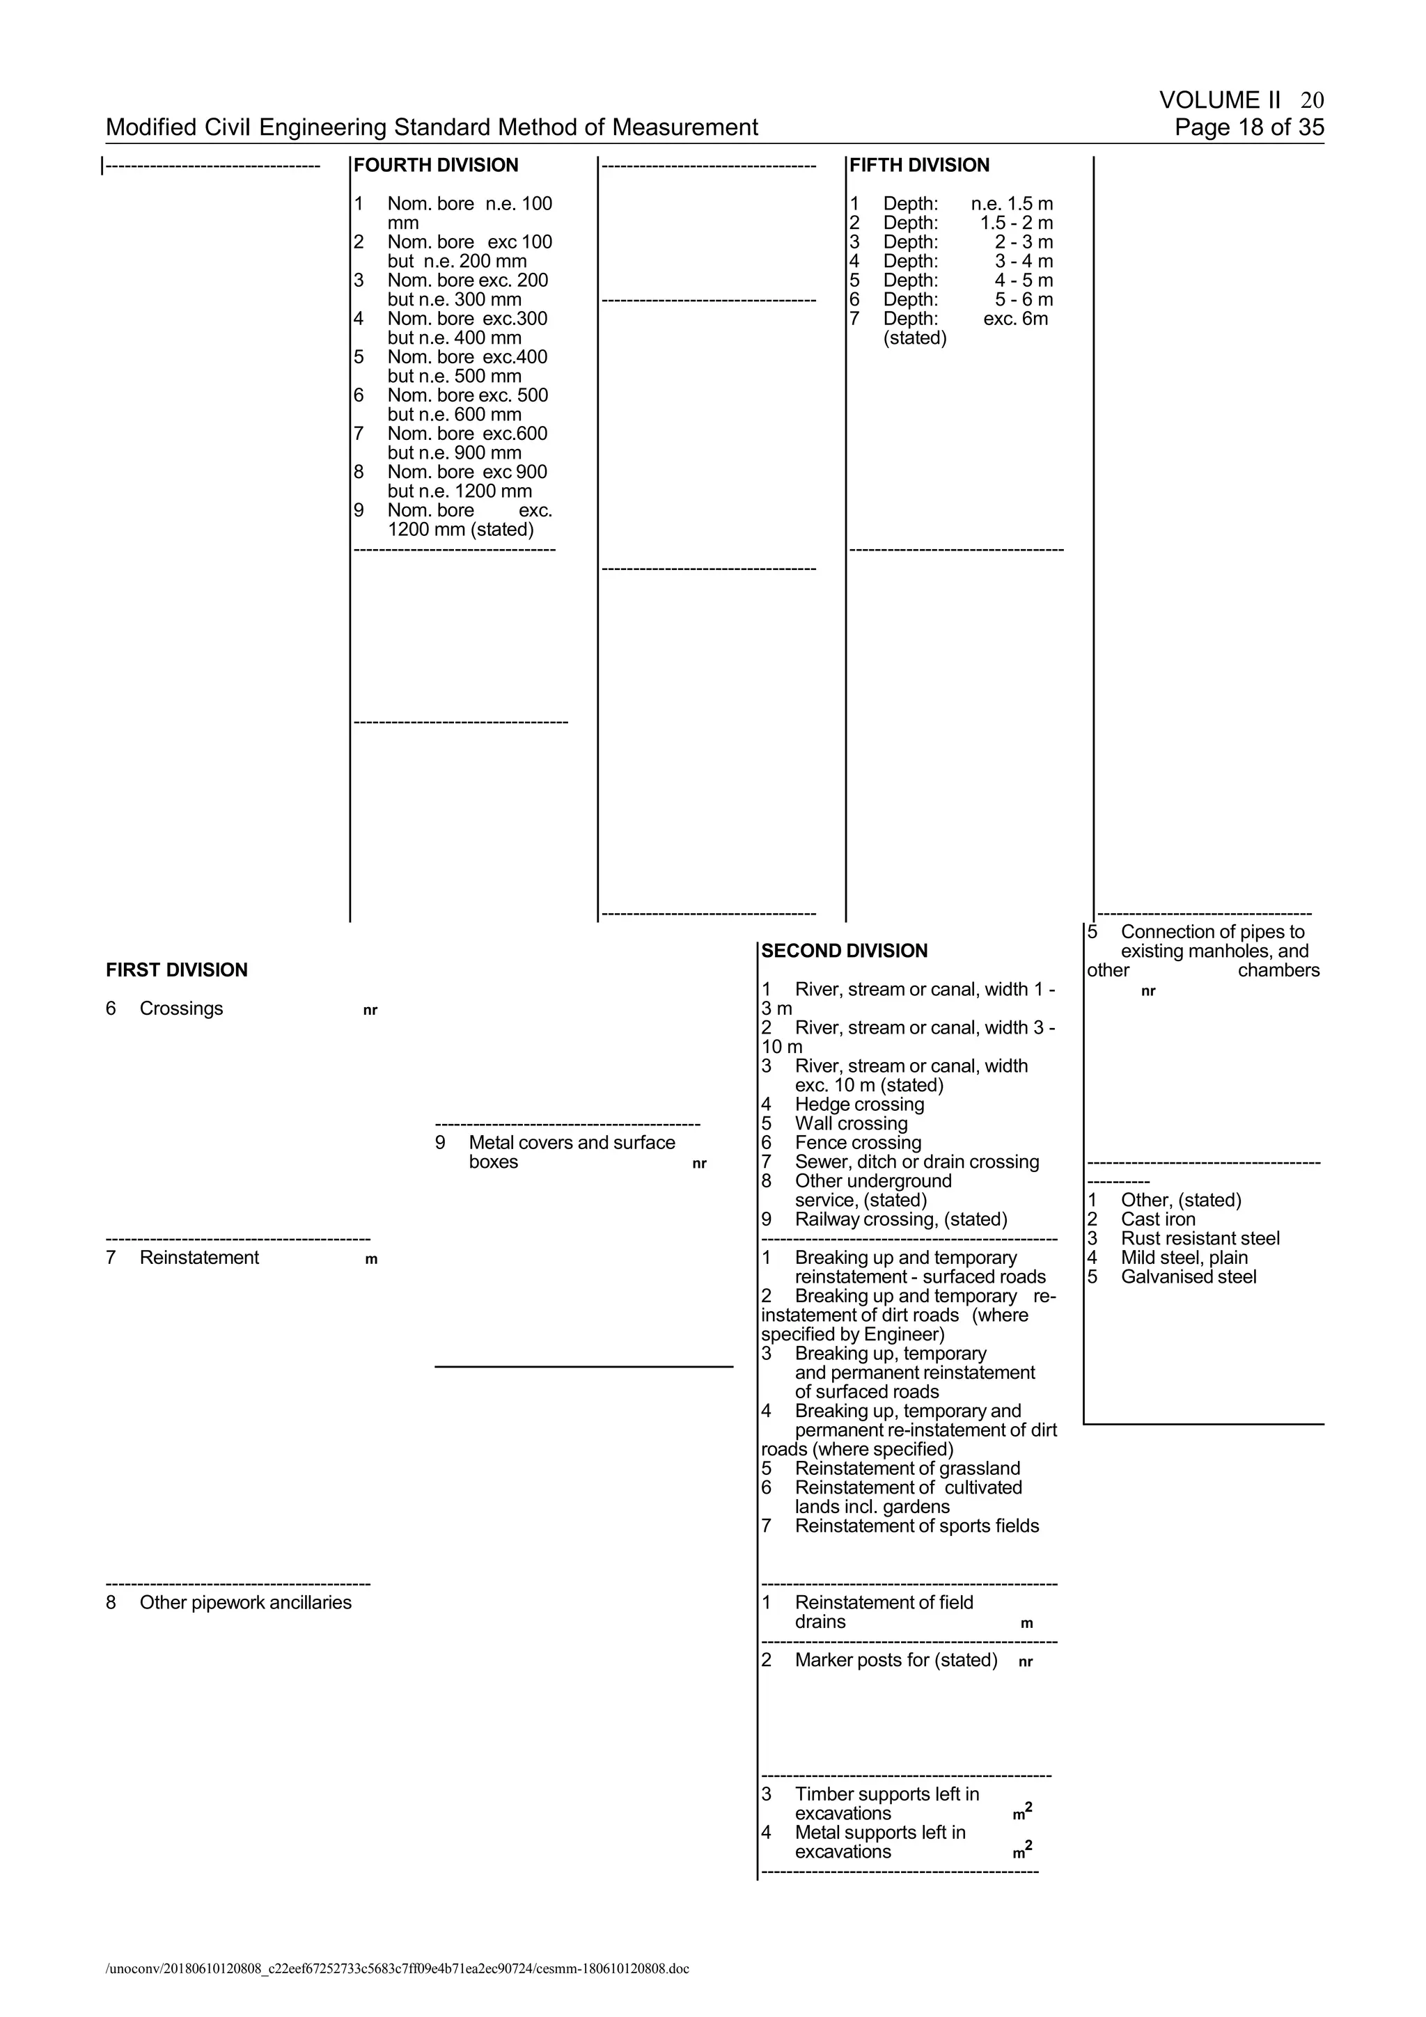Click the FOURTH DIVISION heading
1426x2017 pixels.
pyautogui.click(x=436, y=165)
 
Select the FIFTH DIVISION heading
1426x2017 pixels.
pyautogui.click(x=919, y=165)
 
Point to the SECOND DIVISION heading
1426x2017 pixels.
pyautogui.click(x=845, y=951)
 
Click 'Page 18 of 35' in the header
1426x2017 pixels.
pyautogui.click(x=1248, y=127)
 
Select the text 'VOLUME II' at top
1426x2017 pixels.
pyautogui.click(x=1219, y=100)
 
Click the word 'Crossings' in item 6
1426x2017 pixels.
pyautogui.click(x=181, y=1008)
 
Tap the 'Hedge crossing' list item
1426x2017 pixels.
pyautogui.click(x=859, y=1105)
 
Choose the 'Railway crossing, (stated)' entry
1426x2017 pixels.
pyautogui.click(x=900, y=1219)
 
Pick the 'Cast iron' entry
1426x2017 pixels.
pyautogui.click(x=1157, y=1219)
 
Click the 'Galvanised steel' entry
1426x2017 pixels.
pyautogui.click(x=1188, y=1277)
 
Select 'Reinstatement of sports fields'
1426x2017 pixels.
pyautogui.click(x=916, y=1526)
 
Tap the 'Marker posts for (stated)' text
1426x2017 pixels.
pyautogui.click(x=896, y=1661)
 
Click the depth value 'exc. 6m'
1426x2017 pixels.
pyautogui.click(x=1016, y=319)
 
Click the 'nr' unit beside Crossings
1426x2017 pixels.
pyautogui.click(x=370, y=1011)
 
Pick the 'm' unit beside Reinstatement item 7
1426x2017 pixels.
pyautogui.click(x=371, y=1260)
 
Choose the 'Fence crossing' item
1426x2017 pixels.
pyautogui.click(x=858, y=1143)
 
